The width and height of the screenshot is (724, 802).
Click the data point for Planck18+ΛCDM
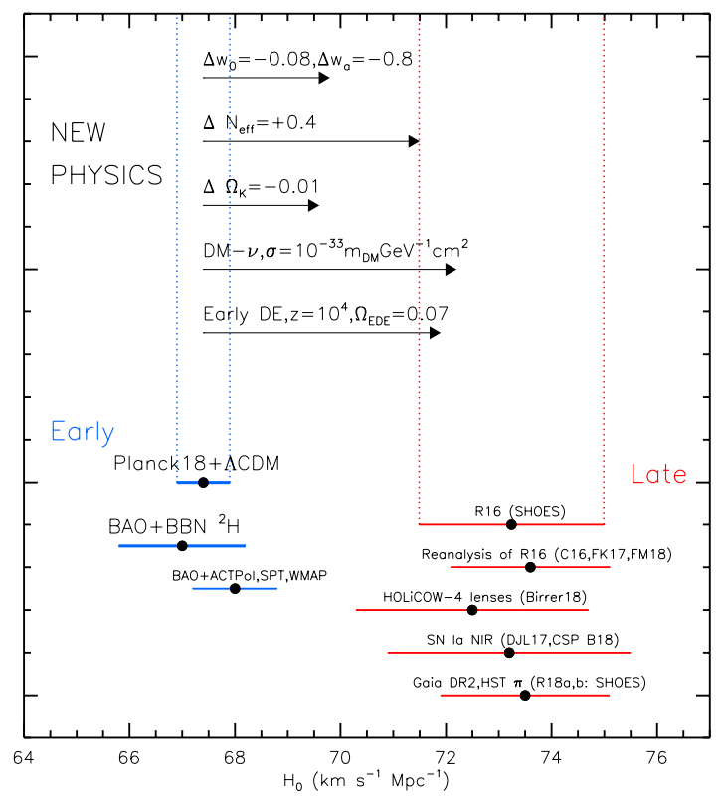click(x=203, y=482)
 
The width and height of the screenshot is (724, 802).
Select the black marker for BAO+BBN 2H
click(x=182, y=546)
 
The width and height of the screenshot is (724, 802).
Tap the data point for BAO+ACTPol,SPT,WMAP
click(x=235, y=589)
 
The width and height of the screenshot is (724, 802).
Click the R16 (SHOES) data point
click(x=511, y=524)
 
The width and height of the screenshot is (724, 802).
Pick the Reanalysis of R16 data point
click(x=530, y=567)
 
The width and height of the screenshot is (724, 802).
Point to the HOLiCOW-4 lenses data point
click(x=472, y=610)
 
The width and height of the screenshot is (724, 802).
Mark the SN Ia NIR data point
click(x=509, y=653)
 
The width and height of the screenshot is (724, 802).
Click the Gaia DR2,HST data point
click(x=525, y=696)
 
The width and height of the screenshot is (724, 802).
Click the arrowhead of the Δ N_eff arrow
click(x=414, y=141)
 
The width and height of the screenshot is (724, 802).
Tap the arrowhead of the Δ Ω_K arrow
click(x=312, y=205)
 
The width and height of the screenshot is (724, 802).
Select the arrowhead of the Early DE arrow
click(x=434, y=332)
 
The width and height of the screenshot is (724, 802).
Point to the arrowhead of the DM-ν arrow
click(x=451, y=269)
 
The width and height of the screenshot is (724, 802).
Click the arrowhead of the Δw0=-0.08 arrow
click(x=323, y=78)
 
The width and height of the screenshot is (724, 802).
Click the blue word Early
click(x=83, y=432)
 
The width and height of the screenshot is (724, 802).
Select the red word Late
click(x=658, y=475)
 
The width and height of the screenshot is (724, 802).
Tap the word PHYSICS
click(x=106, y=175)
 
